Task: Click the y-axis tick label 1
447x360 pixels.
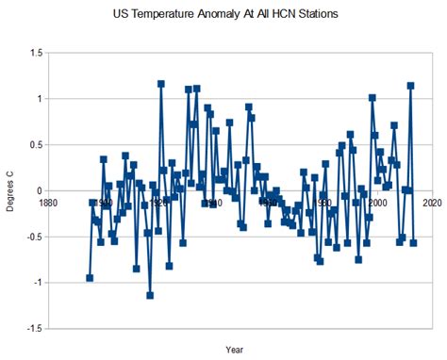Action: coord(40,100)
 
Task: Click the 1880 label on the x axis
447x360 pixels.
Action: coord(48,202)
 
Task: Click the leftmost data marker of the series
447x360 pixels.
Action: coord(90,278)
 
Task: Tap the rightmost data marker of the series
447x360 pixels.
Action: coord(413,243)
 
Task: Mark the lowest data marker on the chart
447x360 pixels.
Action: coord(150,295)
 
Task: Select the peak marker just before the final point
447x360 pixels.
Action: coord(410,86)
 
